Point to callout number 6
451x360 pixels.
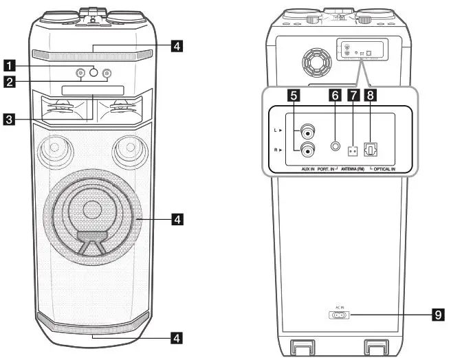pyautogui.click(x=335, y=95)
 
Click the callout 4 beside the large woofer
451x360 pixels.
pyautogui.click(x=177, y=220)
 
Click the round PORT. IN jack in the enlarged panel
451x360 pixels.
pyautogui.click(x=335, y=146)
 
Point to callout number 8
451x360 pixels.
pyautogui.click(x=371, y=95)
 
